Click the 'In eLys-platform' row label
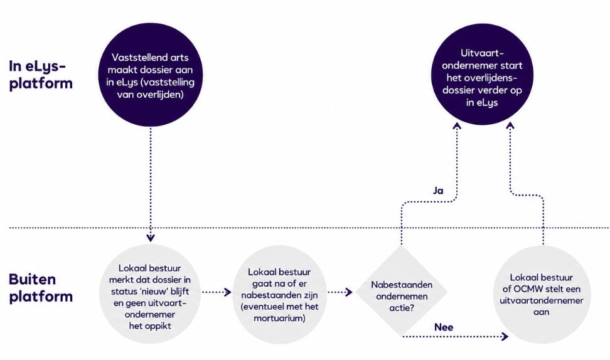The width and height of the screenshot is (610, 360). tap(40, 75)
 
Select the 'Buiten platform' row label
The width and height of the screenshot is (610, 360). tap(40, 288)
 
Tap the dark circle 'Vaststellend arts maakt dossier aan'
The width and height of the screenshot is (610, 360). tap(150, 75)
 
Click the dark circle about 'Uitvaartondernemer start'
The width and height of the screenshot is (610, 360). tap(482, 75)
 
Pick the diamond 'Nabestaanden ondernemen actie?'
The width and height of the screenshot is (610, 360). tap(402, 291)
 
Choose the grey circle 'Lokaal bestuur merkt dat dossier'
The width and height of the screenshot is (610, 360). tap(150, 294)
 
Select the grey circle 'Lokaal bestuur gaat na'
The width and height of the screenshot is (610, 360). tap(280, 294)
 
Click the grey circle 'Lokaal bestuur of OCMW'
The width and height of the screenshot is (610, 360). tap(542, 294)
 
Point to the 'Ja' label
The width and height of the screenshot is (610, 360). tap(438, 191)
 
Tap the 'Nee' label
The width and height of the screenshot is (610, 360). tap(444, 327)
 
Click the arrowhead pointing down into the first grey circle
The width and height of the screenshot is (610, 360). tap(151, 238)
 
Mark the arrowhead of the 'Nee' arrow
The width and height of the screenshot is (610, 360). tap(505, 336)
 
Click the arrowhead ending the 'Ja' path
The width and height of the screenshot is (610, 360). tap(457, 126)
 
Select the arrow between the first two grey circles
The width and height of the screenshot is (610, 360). tap(217, 292)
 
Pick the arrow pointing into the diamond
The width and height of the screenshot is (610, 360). tap(340, 292)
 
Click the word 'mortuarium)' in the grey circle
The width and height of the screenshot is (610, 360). tap(279, 318)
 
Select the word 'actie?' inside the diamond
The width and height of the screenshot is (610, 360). tap(402, 308)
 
